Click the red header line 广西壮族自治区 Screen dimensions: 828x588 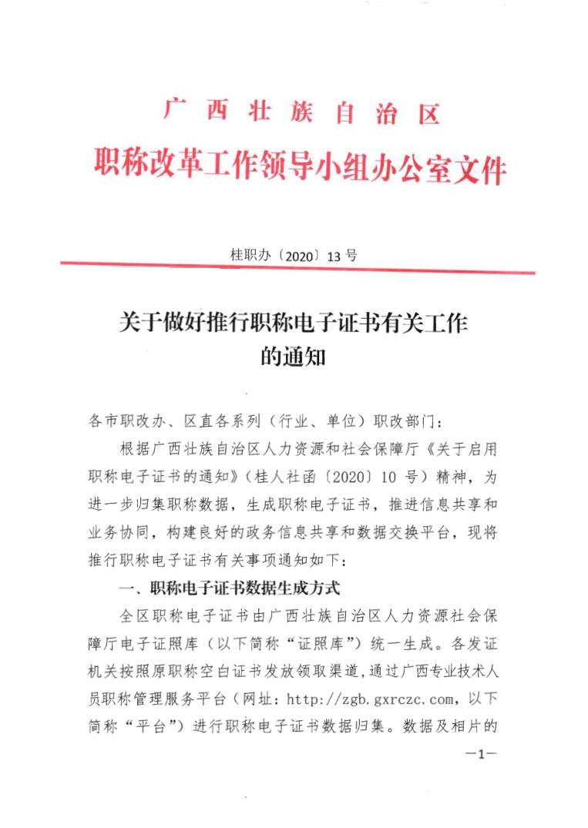[301, 114]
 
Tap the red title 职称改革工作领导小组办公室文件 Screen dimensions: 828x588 [301, 164]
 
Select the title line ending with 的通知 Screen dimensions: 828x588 [294, 357]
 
